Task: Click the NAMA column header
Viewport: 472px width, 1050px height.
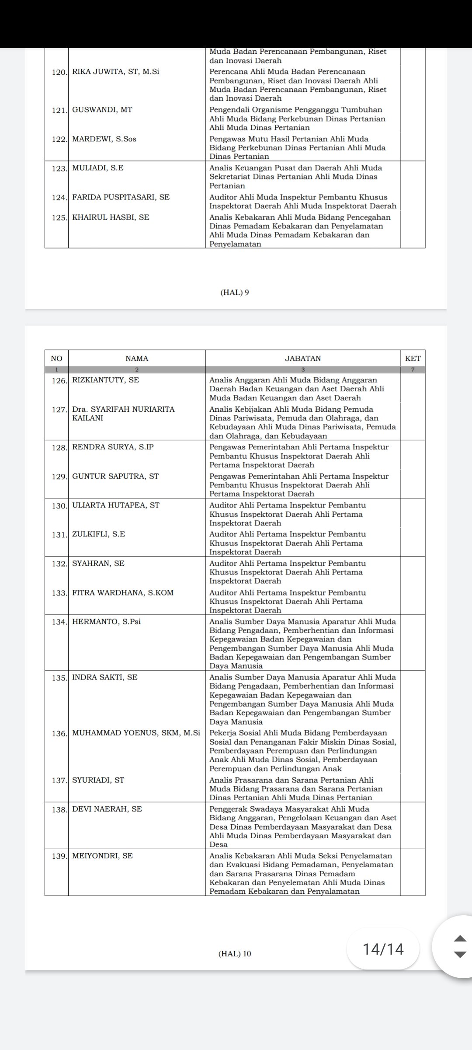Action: pyautogui.click(x=137, y=358)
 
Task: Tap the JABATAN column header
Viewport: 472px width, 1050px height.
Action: pyautogui.click(x=303, y=358)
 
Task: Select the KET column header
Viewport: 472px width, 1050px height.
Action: pyautogui.click(x=413, y=358)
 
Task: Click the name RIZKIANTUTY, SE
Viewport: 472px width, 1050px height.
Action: pyautogui.click(x=106, y=380)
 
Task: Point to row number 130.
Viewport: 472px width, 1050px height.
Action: pyautogui.click(x=59, y=505)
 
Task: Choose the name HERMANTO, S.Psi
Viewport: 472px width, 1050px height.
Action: pyautogui.click(x=106, y=622)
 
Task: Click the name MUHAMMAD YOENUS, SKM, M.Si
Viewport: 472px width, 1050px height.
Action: pyautogui.click(x=136, y=733)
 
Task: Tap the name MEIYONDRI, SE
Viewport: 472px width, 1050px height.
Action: pyautogui.click(x=102, y=856)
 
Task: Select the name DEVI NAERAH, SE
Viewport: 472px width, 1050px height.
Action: pyautogui.click(x=107, y=809)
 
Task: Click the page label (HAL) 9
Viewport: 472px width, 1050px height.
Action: pyautogui.click(x=235, y=293)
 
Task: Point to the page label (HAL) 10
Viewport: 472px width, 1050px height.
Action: pyautogui.click(x=235, y=954)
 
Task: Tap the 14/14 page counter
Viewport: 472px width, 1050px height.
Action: pyautogui.click(x=383, y=949)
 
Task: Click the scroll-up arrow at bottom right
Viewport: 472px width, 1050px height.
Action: pyautogui.click(x=460, y=938)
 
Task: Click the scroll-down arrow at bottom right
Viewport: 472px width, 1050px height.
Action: pyautogui.click(x=460, y=955)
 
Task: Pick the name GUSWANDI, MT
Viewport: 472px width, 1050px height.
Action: pyautogui.click(x=102, y=110)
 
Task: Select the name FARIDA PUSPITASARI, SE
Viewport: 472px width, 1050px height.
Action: pyautogui.click(x=121, y=197)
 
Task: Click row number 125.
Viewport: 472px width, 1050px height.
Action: pyautogui.click(x=59, y=217)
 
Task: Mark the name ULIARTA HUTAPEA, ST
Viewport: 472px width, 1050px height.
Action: pyautogui.click(x=116, y=505)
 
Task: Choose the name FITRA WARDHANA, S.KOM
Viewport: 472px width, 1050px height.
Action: pyautogui.click(x=123, y=593)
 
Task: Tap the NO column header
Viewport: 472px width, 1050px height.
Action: pyautogui.click(x=56, y=358)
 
